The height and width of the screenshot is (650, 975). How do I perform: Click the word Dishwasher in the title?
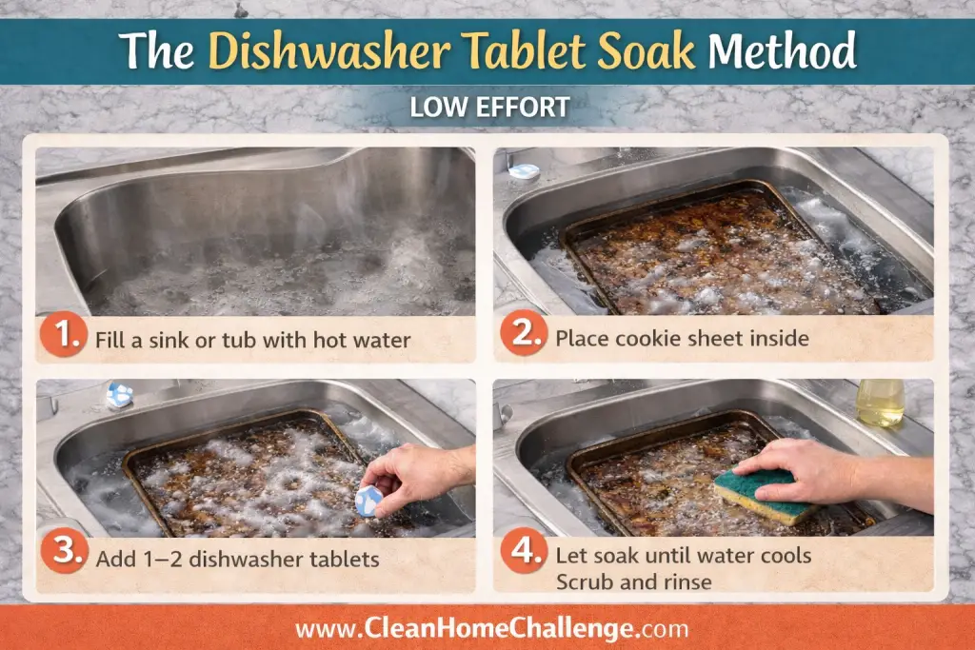click(x=329, y=50)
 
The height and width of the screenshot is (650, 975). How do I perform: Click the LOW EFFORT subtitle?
click(x=489, y=107)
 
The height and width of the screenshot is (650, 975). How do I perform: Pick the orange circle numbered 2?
click(x=524, y=333)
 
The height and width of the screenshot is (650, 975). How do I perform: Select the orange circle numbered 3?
click(x=64, y=551)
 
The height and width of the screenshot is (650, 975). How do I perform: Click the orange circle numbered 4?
click(x=524, y=550)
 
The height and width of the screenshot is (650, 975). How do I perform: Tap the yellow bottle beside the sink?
click(x=880, y=403)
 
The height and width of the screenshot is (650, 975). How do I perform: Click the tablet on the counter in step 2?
click(x=524, y=171)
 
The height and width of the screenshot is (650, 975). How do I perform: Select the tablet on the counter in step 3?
click(x=119, y=395)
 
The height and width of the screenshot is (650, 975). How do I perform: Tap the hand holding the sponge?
click(x=833, y=472)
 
